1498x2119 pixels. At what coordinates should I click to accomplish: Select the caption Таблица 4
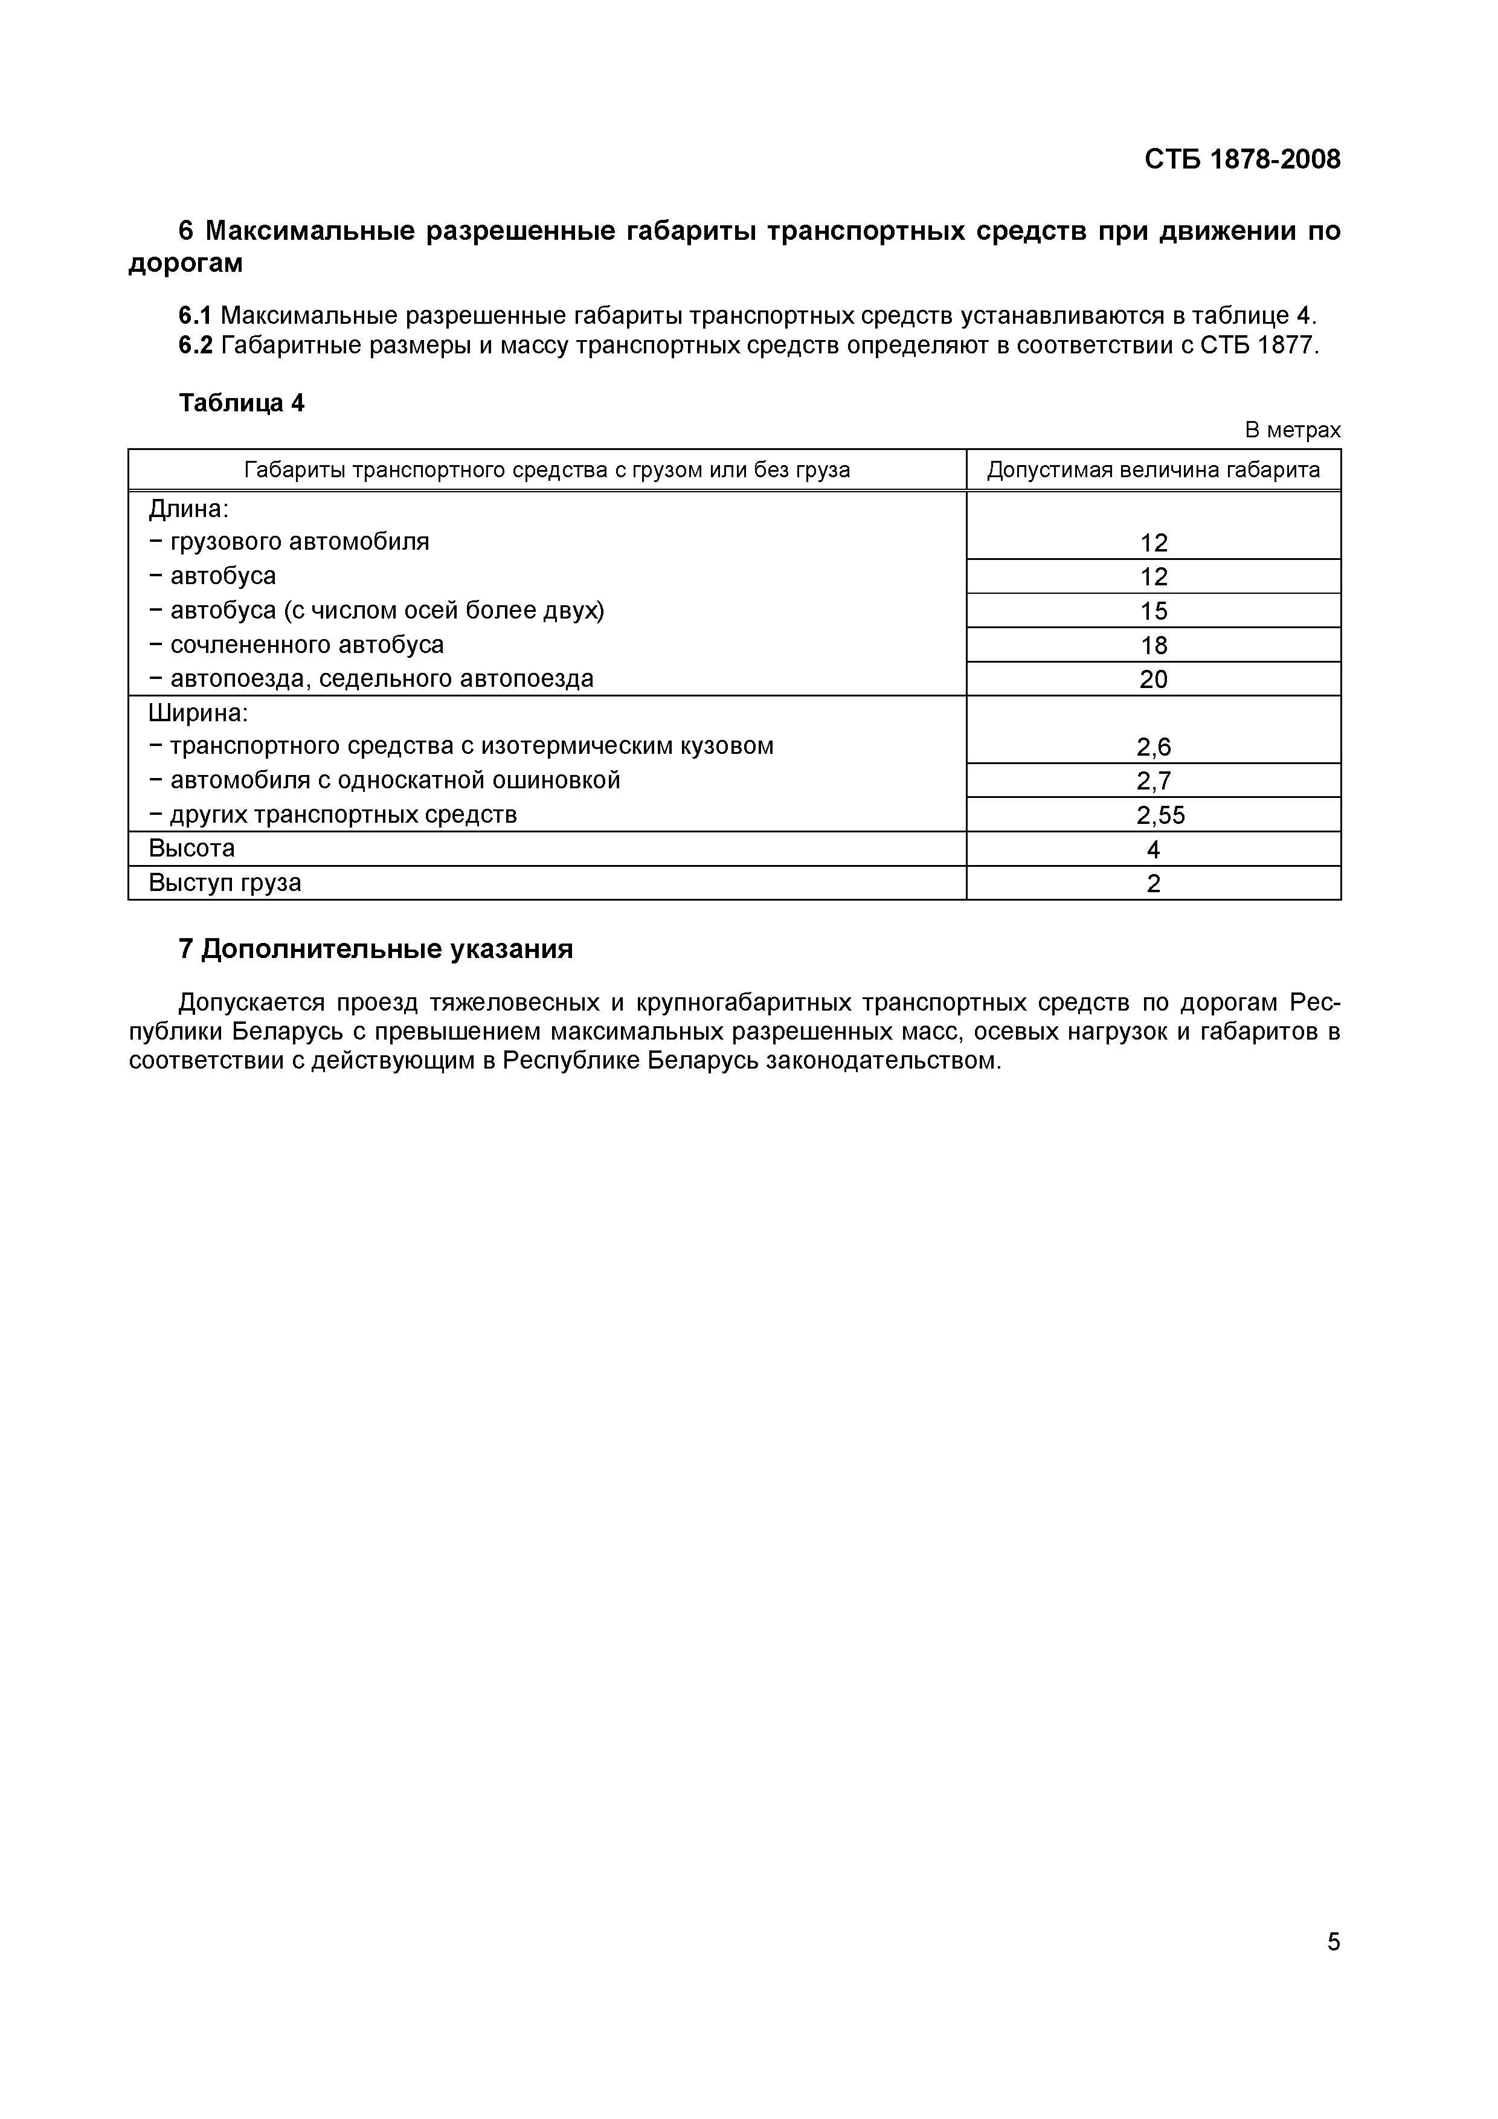coord(241,404)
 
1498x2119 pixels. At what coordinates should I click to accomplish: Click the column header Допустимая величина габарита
coord(1153,470)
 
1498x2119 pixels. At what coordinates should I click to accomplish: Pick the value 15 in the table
coord(1153,611)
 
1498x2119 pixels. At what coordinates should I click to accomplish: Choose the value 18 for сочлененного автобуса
coord(1153,645)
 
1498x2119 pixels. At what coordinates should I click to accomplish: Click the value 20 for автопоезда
coord(1153,680)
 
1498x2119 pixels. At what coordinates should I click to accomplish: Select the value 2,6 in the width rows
coord(1153,747)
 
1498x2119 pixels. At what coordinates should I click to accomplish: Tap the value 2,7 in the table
coord(1153,781)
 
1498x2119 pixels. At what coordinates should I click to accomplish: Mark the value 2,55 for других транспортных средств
coord(1160,815)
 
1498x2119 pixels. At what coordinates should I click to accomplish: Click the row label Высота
coord(192,848)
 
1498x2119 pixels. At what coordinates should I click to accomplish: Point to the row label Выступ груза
coord(225,883)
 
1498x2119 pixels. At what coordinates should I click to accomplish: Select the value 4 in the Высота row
coord(1153,849)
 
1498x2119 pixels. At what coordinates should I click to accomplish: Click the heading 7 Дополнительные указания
coord(376,949)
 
